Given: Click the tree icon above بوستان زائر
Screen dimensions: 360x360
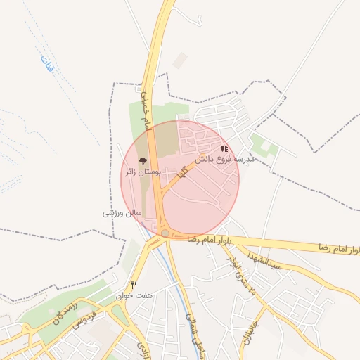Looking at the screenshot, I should (x=143, y=162).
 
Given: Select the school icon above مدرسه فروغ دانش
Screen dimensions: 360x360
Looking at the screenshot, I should (x=224, y=149).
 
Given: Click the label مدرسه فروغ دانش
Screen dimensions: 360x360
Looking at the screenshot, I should (x=223, y=160).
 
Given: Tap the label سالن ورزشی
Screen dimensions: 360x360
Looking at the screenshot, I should (x=123, y=212).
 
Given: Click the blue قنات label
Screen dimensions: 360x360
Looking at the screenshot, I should (x=47, y=67).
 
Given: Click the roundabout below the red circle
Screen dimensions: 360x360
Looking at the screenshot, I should (x=165, y=233).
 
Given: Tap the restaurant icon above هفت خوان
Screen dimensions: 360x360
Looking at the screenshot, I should (x=134, y=284).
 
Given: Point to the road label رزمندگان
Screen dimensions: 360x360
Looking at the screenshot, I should (x=69, y=312).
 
